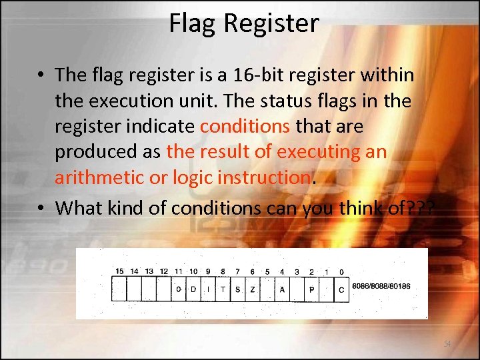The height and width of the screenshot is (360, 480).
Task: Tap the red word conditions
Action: tap(245, 125)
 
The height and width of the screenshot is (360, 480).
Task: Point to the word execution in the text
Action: tap(147, 100)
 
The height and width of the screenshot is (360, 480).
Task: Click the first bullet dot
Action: tap(41, 75)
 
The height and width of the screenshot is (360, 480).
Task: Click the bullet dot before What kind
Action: tap(41, 208)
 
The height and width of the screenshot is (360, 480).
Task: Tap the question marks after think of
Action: tap(421, 208)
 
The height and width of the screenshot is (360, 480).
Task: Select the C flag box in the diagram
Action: tap(341, 289)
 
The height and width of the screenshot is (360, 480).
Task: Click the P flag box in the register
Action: tap(311, 289)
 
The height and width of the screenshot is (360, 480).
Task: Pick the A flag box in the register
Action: tap(282, 289)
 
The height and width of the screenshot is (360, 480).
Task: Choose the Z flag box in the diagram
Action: tap(253, 289)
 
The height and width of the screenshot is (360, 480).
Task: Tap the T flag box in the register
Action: tap(223, 289)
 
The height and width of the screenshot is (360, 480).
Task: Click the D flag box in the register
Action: tap(193, 289)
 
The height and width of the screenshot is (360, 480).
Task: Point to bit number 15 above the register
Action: tap(119, 271)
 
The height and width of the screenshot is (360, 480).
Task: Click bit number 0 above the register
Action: tap(341, 271)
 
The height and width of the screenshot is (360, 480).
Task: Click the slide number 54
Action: tap(448, 344)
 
